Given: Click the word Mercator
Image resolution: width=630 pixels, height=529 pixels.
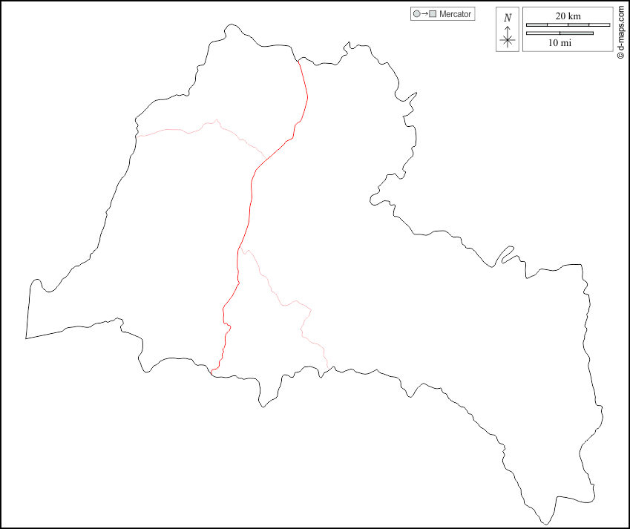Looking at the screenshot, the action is (x=455, y=14).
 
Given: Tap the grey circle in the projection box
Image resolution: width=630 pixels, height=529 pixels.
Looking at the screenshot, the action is (x=416, y=14).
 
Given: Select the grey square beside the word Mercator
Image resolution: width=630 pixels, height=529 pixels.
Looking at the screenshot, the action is (x=432, y=14).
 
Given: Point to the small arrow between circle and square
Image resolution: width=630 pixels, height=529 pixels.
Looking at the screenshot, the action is (x=424, y=14).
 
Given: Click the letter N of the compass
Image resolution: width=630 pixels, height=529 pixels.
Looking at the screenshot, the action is (x=508, y=18).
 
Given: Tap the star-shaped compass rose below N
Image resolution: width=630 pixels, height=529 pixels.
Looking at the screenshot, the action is (x=508, y=40).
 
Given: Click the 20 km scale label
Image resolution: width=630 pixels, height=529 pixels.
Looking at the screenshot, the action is (x=568, y=16).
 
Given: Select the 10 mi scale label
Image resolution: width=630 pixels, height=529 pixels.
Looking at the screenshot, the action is (x=560, y=43).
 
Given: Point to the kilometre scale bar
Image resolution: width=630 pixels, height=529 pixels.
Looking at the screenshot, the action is (x=568, y=24).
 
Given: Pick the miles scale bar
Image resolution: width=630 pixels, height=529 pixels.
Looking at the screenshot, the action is (x=560, y=33).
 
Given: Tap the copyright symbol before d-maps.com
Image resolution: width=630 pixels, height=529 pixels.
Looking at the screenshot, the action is (x=620, y=56).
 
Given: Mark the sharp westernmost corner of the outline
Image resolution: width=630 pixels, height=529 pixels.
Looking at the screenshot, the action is (x=26, y=338).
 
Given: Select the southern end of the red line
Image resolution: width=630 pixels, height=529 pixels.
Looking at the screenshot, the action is (x=211, y=371).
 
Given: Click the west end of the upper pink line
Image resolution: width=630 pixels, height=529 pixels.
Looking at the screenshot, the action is (x=137, y=137).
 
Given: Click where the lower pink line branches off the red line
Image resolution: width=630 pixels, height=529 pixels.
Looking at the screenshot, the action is (x=239, y=251).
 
